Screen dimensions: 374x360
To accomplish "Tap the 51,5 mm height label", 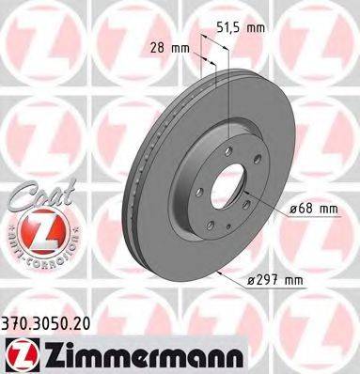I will (x=241, y=29).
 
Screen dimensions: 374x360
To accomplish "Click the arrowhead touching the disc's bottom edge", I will (x=219, y=270).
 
